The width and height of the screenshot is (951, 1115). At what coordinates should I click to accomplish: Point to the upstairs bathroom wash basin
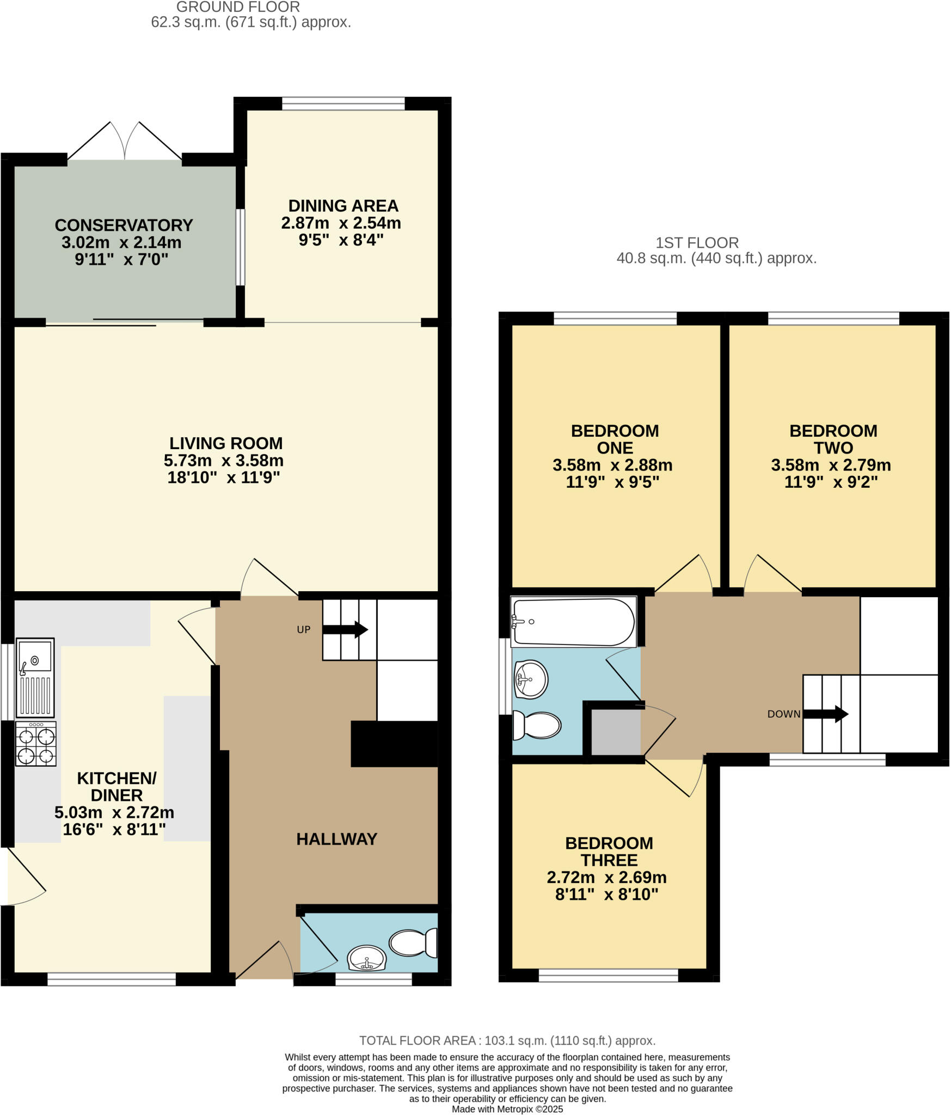[531, 679]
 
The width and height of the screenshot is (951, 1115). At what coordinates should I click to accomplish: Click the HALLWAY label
[336, 839]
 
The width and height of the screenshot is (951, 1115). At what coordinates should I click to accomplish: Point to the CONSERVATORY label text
[124, 225]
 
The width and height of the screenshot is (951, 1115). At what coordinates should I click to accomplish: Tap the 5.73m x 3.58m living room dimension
[224, 461]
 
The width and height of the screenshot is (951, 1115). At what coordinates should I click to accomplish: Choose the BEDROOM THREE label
[609, 851]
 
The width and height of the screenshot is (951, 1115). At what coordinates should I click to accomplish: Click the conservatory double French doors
[125, 142]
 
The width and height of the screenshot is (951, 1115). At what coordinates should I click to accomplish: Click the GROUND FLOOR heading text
[238, 7]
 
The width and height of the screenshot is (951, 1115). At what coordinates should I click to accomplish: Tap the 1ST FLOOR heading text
[697, 243]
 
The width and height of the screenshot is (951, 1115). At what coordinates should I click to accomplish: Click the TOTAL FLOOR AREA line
[507, 1040]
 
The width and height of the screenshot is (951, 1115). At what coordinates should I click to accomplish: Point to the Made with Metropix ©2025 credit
[507, 1109]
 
